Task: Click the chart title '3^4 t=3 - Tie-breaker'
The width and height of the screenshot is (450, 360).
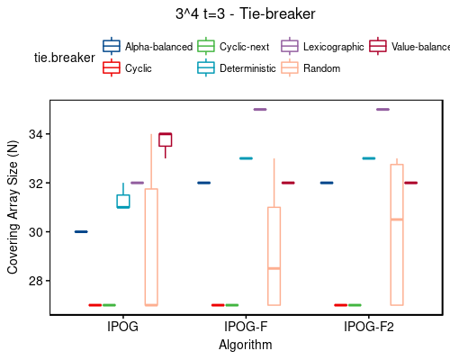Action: (246, 14)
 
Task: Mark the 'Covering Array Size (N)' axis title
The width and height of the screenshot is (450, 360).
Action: (13, 207)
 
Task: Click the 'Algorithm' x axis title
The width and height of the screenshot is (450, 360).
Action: (245, 345)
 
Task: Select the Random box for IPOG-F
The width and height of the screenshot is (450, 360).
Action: (274, 256)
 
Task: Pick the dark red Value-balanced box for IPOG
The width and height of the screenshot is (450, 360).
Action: (165, 139)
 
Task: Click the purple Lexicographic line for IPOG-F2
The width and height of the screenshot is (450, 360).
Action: (382, 110)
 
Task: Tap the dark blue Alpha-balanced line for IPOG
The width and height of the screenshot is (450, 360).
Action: (81, 232)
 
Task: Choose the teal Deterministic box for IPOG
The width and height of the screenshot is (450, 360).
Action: (123, 202)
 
